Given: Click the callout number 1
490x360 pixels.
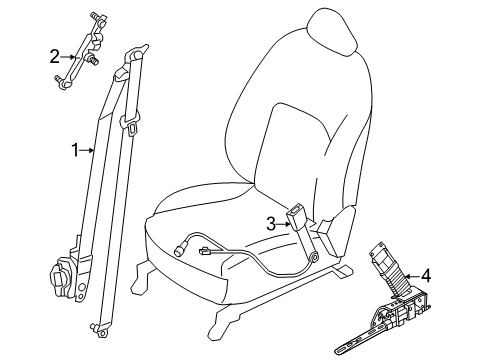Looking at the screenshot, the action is (x=74, y=151).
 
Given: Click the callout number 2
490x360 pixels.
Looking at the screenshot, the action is (x=54, y=56).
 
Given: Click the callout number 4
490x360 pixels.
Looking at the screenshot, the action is (x=426, y=275).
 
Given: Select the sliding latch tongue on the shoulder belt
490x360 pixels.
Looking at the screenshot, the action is (x=132, y=125).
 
